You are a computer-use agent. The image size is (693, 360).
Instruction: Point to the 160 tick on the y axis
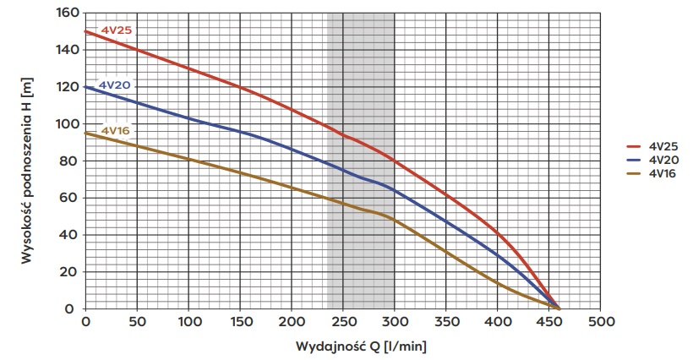click(x=68, y=14)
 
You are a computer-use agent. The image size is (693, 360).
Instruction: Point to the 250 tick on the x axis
click(x=343, y=324)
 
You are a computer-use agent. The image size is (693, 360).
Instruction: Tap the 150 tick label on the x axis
click(x=240, y=324)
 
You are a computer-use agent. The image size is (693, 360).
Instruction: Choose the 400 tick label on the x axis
click(x=498, y=324)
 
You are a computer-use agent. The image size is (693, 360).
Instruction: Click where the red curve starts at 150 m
click(x=85, y=32)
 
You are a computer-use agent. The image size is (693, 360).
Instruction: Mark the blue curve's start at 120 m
click(x=85, y=87)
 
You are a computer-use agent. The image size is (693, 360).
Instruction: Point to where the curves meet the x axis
click(x=559, y=308)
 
